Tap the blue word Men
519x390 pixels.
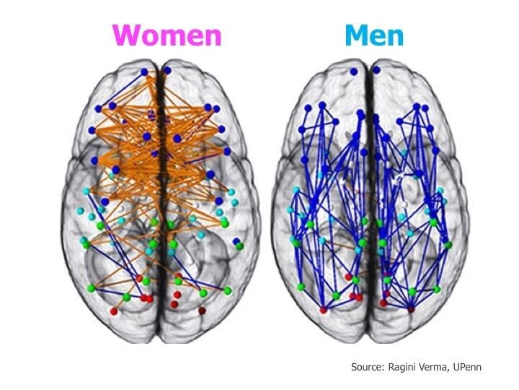coord(374,35)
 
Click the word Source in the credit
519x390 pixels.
coord(367,368)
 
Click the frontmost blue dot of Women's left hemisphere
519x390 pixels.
coord(144,71)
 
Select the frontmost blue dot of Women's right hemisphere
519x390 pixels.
coord(168,70)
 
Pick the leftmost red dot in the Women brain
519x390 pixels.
coord(115,311)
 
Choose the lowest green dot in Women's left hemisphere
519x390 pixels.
coord(126,296)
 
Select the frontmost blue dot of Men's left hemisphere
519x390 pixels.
coord(353,70)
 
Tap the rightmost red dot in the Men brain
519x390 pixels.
coord(412,308)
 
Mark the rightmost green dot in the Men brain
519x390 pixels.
coord(448,246)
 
